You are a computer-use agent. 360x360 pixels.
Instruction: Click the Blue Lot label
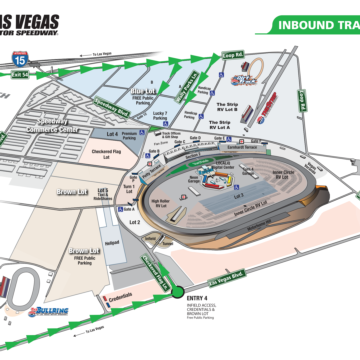coord(140,95)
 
